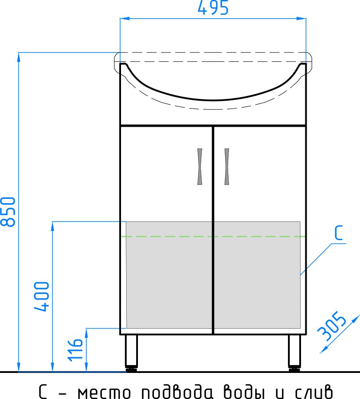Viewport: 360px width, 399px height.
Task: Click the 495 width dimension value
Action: tap(213, 8)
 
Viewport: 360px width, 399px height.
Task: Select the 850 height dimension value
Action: tap(9, 211)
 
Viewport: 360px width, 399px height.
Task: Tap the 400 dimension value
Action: tap(43, 297)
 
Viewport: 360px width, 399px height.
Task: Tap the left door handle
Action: tap(200, 167)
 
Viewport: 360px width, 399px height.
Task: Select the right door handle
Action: tap(226, 167)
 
